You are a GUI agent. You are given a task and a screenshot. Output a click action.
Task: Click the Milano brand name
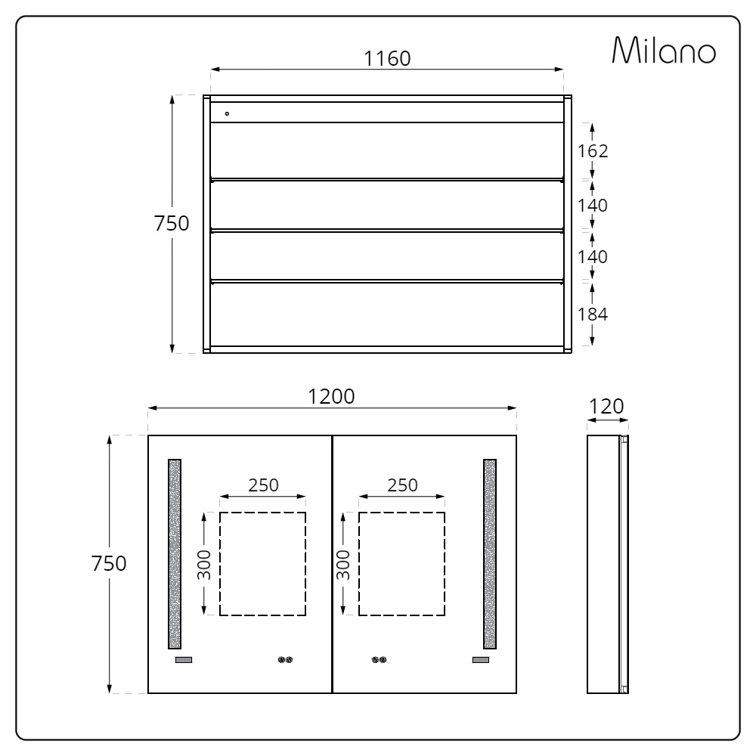click(x=664, y=50)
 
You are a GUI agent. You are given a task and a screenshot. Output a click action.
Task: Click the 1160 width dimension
click(x=386, y=59)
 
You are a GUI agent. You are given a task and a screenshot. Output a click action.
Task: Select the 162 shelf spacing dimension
click(x=593, y=151)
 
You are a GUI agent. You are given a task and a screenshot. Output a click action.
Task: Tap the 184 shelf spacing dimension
click(x=593, y=314)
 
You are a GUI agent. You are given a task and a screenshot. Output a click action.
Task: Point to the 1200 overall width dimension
click(x=331, y=397)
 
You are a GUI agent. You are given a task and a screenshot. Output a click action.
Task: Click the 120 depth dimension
click(x=606, y=407)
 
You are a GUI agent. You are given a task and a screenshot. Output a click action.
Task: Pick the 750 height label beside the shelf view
click(x=172, y=223)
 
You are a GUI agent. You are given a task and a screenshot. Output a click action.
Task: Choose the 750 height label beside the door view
click(x=109, y=563)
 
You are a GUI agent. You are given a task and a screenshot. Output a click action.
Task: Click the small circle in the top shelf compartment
click(x=227, y=114)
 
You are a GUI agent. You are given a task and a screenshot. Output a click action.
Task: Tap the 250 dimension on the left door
click(x=263, y=485)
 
